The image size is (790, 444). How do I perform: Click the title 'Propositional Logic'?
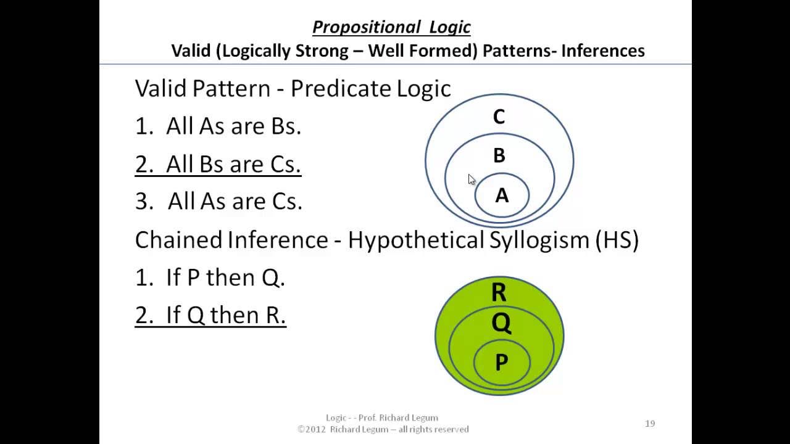[391, 27]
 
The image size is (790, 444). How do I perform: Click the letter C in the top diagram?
[499, 117]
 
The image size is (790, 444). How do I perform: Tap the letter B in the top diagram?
[499, 155]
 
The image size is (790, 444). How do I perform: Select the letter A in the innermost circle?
[502, 195]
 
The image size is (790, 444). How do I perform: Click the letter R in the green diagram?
[499, 292]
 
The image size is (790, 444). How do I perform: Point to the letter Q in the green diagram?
[501, 323]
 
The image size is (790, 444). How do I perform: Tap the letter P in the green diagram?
[501, 363]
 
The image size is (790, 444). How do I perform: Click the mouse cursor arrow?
[472, 179]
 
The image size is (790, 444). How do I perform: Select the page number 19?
[649, 424]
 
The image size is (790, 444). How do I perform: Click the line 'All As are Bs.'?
[218, 126]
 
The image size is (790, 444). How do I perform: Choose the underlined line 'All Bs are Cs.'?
[218, 165]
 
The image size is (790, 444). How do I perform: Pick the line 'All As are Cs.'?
[218, 202]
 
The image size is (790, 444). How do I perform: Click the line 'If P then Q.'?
[210, 278]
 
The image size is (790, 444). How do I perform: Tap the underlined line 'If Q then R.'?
[210, 316]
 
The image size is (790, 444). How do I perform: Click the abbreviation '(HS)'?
[617, 240]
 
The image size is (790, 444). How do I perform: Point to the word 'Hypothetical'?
[417, 240]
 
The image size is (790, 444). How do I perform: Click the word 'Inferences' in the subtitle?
[602, 51]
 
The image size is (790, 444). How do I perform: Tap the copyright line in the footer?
[383, 429]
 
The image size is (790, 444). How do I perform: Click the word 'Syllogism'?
[539, 240]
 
